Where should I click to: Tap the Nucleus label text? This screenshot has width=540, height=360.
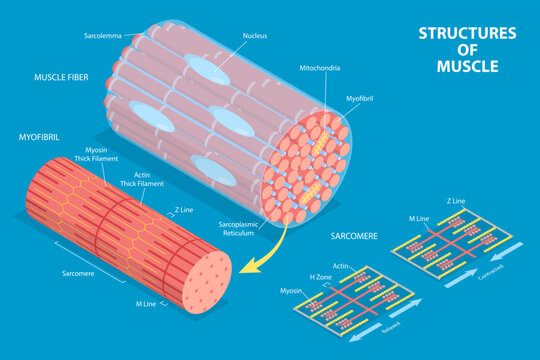[255, 35]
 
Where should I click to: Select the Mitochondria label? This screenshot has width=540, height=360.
[320, 68]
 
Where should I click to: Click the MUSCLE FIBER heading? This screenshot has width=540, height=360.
[63, 76]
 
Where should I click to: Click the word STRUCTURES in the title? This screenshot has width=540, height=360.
[467, 33]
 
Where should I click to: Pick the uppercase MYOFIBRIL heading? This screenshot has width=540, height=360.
[41, 135]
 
